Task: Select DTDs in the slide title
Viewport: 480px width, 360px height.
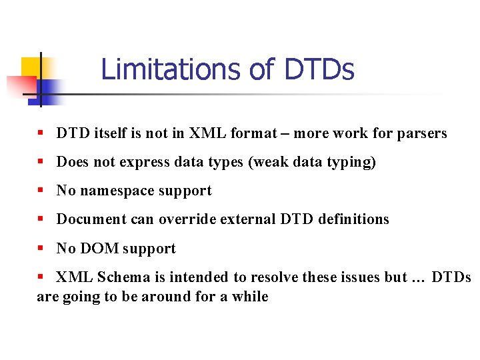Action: click(x=319, y=69)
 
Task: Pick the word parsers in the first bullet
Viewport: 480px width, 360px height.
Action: click(x=421, y=133)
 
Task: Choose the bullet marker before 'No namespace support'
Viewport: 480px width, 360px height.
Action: click(x=41, y=191)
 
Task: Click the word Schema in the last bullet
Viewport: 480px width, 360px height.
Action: click(x=120, y=277)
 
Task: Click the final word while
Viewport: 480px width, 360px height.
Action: click(x=250, y=297)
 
